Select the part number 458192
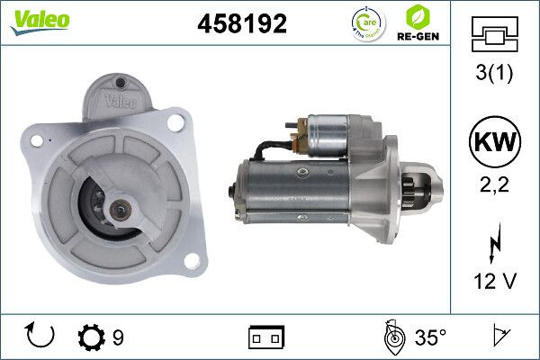point(241,24)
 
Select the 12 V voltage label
point(495,282)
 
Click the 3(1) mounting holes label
point(495,75)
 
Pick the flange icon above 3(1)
point(494,36)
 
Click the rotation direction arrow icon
point(41,337)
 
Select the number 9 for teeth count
point(118,338)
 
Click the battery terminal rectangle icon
point(266,337)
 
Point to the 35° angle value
point(429,337)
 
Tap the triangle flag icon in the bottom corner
point(499,337)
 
